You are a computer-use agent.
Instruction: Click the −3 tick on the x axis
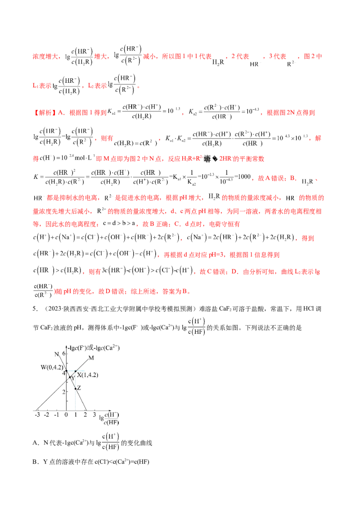point(37,415)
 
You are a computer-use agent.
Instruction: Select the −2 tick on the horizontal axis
point(47,415)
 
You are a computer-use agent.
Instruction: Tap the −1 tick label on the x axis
point(57,415)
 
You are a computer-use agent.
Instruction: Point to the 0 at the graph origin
point(67,415)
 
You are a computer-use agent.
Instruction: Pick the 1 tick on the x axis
point(75,415)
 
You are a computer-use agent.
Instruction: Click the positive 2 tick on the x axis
point(85,415)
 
